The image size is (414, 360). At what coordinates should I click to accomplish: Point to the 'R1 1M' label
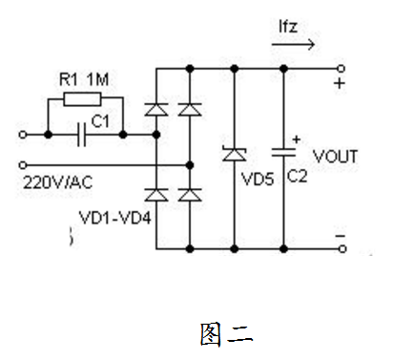click(x=84, y=78)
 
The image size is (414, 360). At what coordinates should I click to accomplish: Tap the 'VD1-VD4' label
click(x=109, y=218)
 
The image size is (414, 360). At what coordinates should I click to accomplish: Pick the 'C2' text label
click(x=299, y=177)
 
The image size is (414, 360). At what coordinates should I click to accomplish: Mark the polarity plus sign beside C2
click(x=295, y=138)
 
